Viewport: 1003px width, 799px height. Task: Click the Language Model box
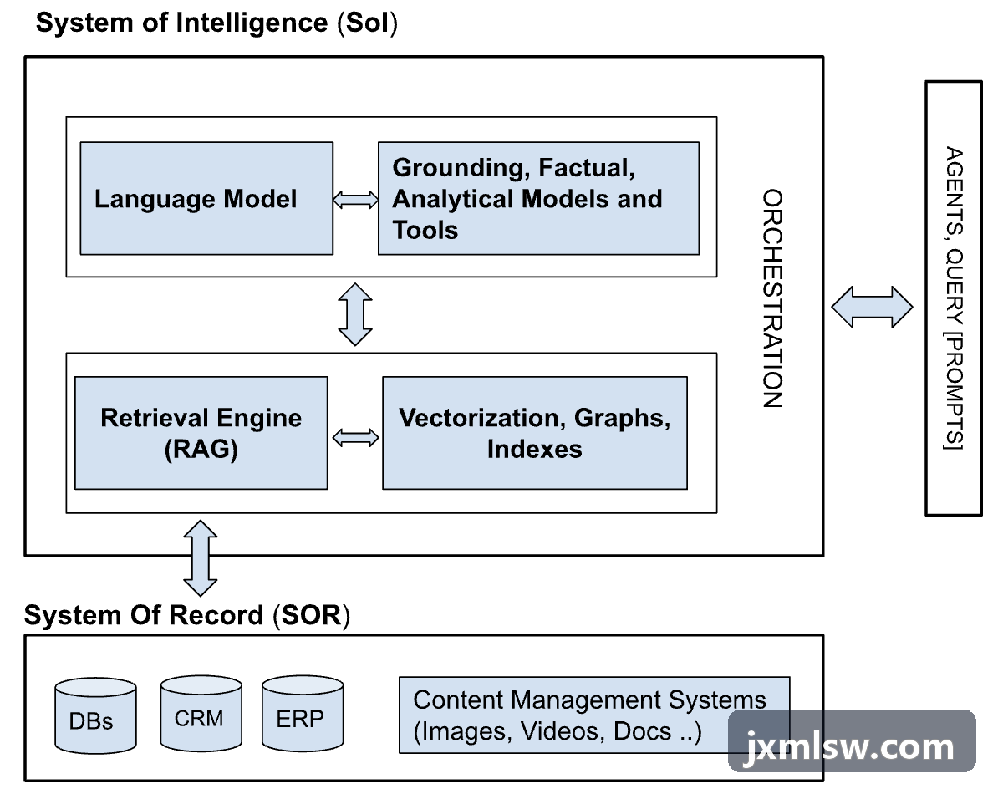pyautogui.click(x=206, y=198)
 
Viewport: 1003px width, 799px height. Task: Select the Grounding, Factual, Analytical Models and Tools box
pyautogui.click(x=538, y=198)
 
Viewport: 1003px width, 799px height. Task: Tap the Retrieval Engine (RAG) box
pyautogui.click(x=201, y=433)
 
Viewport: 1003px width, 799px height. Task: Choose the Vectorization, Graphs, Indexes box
pyautogui.click(x=535, y=433)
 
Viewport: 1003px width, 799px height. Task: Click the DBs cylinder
pyautogui.click(x=95, y=715)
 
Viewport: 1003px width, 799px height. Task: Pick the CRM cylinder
pyautogui.click(x=201, y=713)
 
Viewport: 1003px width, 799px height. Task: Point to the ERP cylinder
pyautogui.click(x=303, y=713)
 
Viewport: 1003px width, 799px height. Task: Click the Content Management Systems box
pyautogui.click(x=594, y=715)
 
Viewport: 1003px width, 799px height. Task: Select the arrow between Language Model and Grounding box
pyautogui.click(x=355, y=200)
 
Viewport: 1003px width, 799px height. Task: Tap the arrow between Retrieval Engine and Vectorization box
pyautogui.click(x=355, y=438)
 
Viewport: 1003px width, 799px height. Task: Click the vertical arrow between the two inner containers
pyautogui.click(x=355, y=314)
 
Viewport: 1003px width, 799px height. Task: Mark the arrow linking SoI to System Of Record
pyautogui.click(x=201, y=558)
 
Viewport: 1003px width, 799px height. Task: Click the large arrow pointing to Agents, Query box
pyautogui.click(x=872, y=308)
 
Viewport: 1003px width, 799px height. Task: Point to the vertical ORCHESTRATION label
pyautogui.click(x=772, y=298)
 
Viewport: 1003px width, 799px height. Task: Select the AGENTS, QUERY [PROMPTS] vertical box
pyautogui.click(x=954, y=298)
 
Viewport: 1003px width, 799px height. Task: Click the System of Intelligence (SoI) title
pyautogui.click(x=216, y=23)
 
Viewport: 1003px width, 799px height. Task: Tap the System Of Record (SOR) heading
pyautogui.click(x=187, y=615)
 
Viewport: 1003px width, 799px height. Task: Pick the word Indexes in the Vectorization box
pyautogui.click(x=535, y=449)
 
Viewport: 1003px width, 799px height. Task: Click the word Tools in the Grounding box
pyautogui.click(x=425, y=230)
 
